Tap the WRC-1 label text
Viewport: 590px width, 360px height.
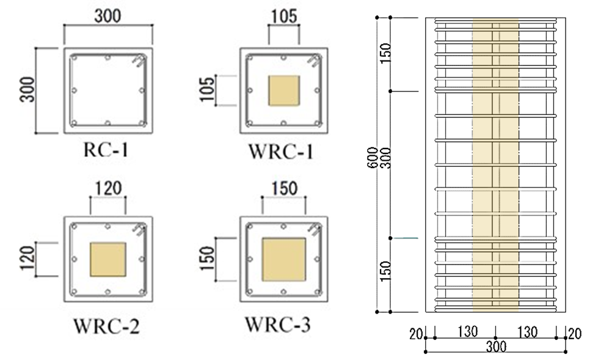(281, 150)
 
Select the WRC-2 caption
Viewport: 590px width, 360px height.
(107, 326)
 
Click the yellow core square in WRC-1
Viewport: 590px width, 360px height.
(284, 91)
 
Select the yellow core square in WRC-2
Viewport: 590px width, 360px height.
(107, 259)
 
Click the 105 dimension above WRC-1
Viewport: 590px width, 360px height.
(283, 17)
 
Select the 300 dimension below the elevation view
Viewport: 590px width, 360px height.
(496, 347)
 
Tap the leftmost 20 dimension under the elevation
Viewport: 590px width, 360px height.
(415, 333)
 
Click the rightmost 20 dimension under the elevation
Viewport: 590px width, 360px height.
(575, 333)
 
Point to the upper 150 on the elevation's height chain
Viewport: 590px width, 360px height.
(385, 54)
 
